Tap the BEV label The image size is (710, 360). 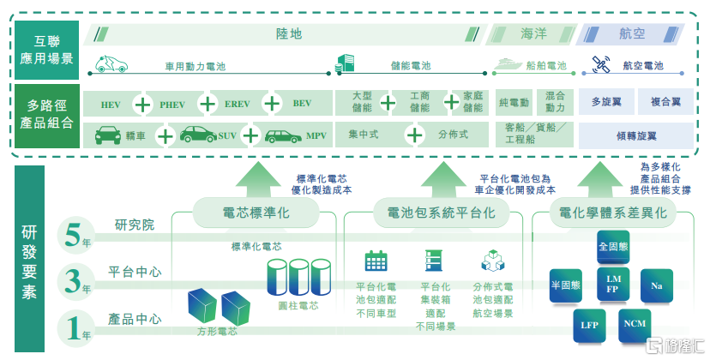(x=302, y=105)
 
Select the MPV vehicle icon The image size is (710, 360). (x=282, y=136)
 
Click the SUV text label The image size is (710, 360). (x=227, y=136)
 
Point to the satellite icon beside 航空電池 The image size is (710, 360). (x=601, y=64)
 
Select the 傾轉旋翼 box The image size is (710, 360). (x=636, y=135)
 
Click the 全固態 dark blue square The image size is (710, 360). (x=613, y=247)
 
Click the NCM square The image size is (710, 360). (x=635, y=324)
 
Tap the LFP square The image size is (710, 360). (x=589, y=326)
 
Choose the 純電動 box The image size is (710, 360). (x=514, y=103)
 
